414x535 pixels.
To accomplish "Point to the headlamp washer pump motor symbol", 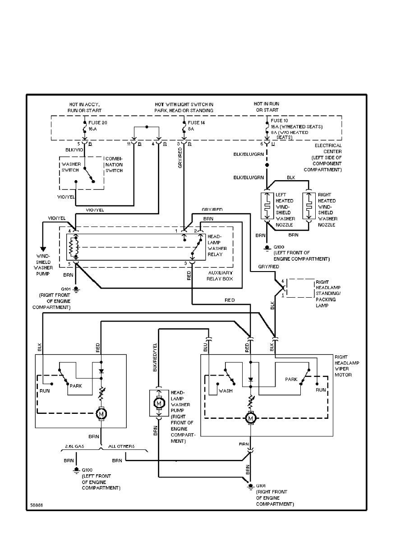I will point(159,402).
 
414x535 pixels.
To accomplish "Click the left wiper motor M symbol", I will point(101,413).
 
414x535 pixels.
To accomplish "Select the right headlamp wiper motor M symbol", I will point(250,418).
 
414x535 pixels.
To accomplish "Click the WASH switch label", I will point(225,391).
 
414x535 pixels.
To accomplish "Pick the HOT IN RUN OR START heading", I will point(267,107).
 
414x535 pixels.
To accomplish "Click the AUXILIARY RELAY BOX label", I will point(220,276).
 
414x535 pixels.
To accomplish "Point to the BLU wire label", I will point(205,347).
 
